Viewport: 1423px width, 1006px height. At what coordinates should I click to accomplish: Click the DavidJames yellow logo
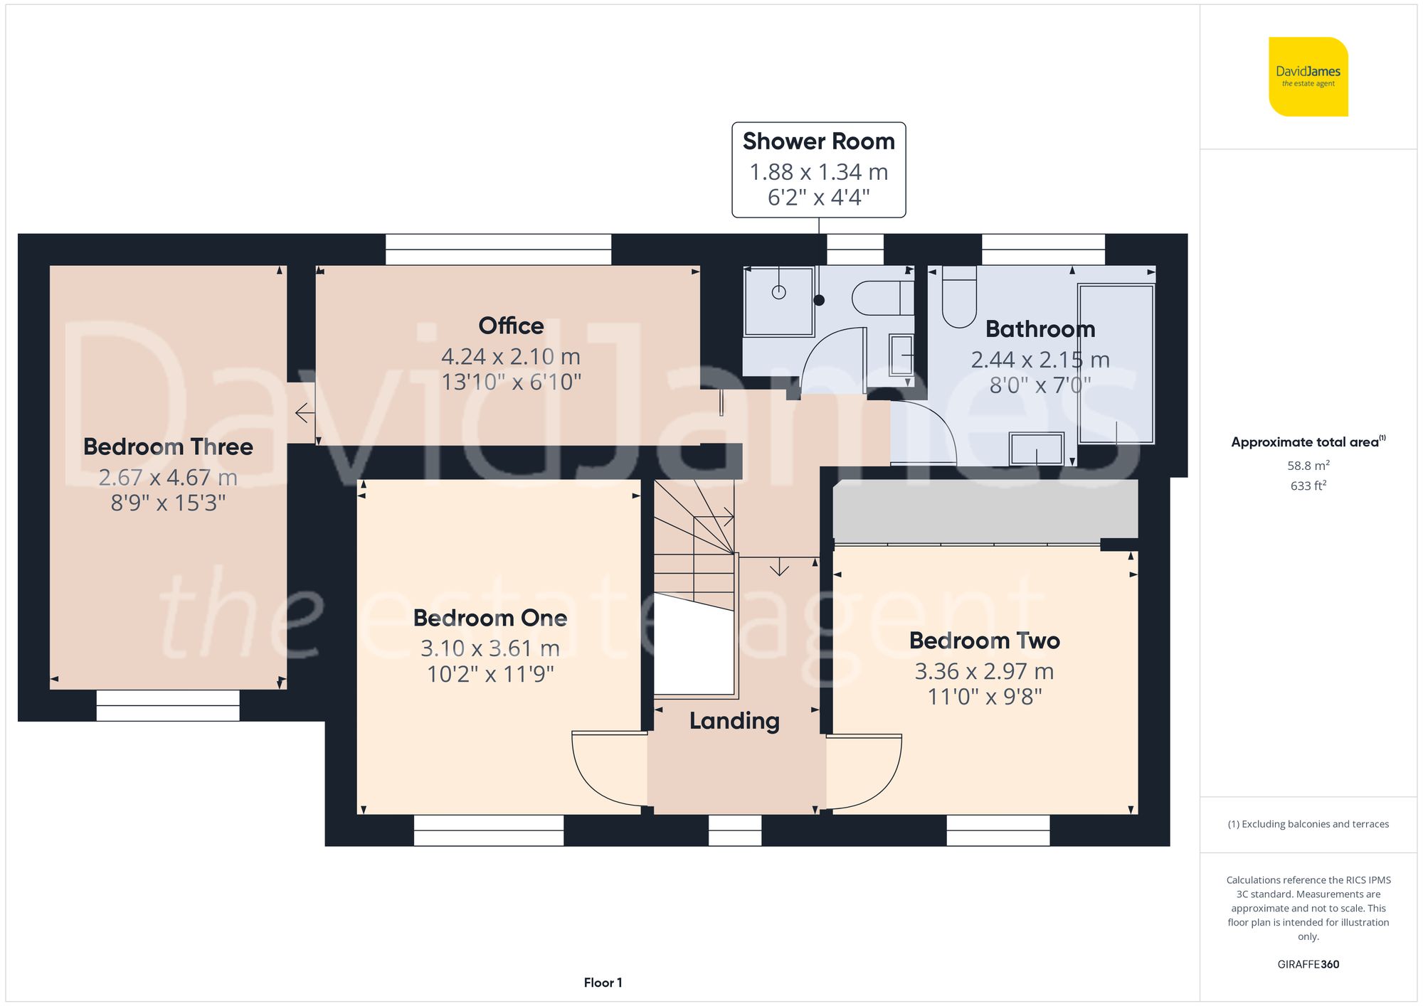coord(1308,77)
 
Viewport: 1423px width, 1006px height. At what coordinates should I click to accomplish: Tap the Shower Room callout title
coord(818,141)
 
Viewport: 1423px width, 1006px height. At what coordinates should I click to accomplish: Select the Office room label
coord(511,326)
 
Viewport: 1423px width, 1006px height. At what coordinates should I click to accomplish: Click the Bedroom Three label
coord(168,446)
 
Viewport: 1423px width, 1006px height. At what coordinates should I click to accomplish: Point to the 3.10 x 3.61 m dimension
coord(490,648)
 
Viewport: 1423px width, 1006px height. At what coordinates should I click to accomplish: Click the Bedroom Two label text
coord(984,641)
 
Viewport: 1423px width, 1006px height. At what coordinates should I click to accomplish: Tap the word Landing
coord(734,721)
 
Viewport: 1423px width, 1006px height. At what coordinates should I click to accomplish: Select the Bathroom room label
coord(1040,329)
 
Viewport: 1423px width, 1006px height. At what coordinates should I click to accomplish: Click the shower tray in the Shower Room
coord(778,301)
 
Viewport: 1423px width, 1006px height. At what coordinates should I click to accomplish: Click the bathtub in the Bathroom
coord(1116,363)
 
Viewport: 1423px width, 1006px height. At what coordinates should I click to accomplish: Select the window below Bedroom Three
coord(168,705)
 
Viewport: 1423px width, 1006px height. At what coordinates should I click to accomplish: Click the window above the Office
coord(498,250)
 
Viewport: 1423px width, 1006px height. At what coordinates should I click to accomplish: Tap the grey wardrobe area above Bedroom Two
coord(985,509)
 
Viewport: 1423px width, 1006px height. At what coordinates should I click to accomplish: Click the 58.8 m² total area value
coord(1308,466)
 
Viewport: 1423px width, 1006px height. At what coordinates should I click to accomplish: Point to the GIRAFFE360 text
coord(1308,965)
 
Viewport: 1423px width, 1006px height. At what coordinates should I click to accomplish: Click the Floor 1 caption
coord(603,983)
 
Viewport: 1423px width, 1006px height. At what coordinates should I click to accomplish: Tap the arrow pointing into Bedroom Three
coord(305,413)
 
